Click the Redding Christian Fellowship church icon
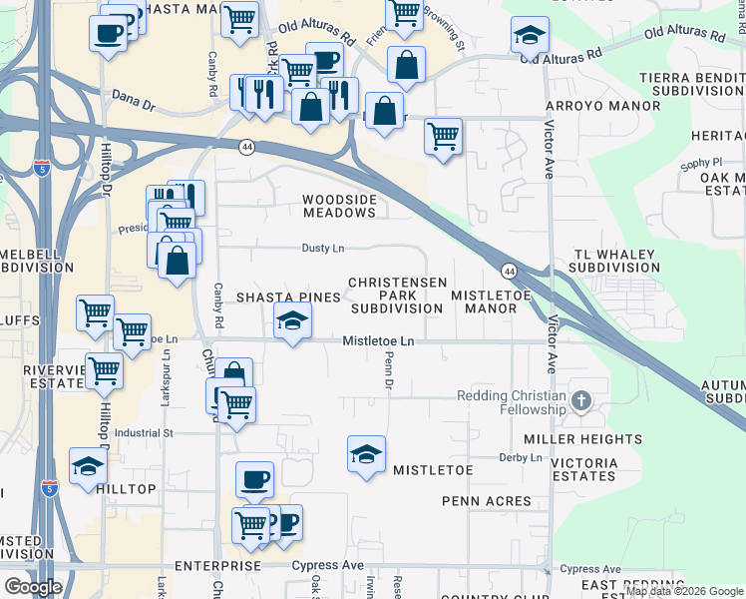click(581, 402)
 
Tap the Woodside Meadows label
click(340, 206)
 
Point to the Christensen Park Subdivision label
click(397, 296)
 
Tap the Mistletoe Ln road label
click(378, 341)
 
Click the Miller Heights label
click(583, 439)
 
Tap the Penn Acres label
click(489, 500)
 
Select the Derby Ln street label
click(521, 458)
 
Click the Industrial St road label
click(144, 433)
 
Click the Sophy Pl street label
click(701, 162)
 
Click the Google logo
click(34, 586)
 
